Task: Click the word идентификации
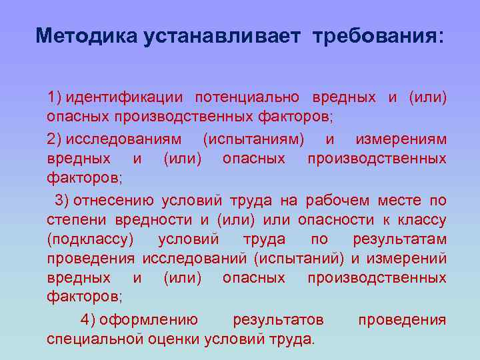124,98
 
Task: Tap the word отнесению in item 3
113,201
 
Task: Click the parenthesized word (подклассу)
90,239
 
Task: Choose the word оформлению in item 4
147,319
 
